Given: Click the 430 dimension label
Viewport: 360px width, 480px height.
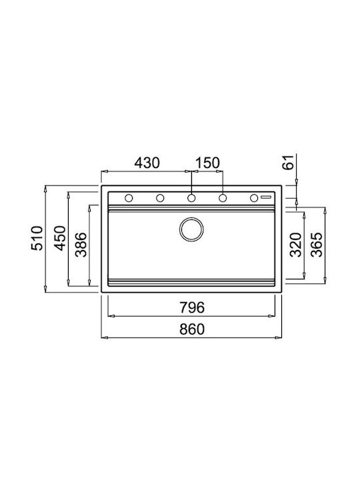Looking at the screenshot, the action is click(147, 163).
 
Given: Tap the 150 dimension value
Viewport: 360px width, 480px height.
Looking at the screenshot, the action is click(207, 163).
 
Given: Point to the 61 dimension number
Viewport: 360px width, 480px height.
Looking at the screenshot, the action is click(288, 162).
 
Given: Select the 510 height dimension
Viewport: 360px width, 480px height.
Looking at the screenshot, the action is click(37, 238).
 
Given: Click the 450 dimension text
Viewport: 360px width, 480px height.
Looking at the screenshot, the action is click(60, 238).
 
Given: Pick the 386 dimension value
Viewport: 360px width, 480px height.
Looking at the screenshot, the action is click(81, 245).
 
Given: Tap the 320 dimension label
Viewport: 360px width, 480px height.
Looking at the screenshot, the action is click(296, 245).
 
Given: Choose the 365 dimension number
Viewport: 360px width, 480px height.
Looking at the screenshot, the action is click(317, 245).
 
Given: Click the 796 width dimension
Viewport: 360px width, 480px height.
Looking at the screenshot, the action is click(192, 307).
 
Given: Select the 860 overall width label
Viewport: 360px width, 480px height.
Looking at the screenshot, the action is click(192, 329).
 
